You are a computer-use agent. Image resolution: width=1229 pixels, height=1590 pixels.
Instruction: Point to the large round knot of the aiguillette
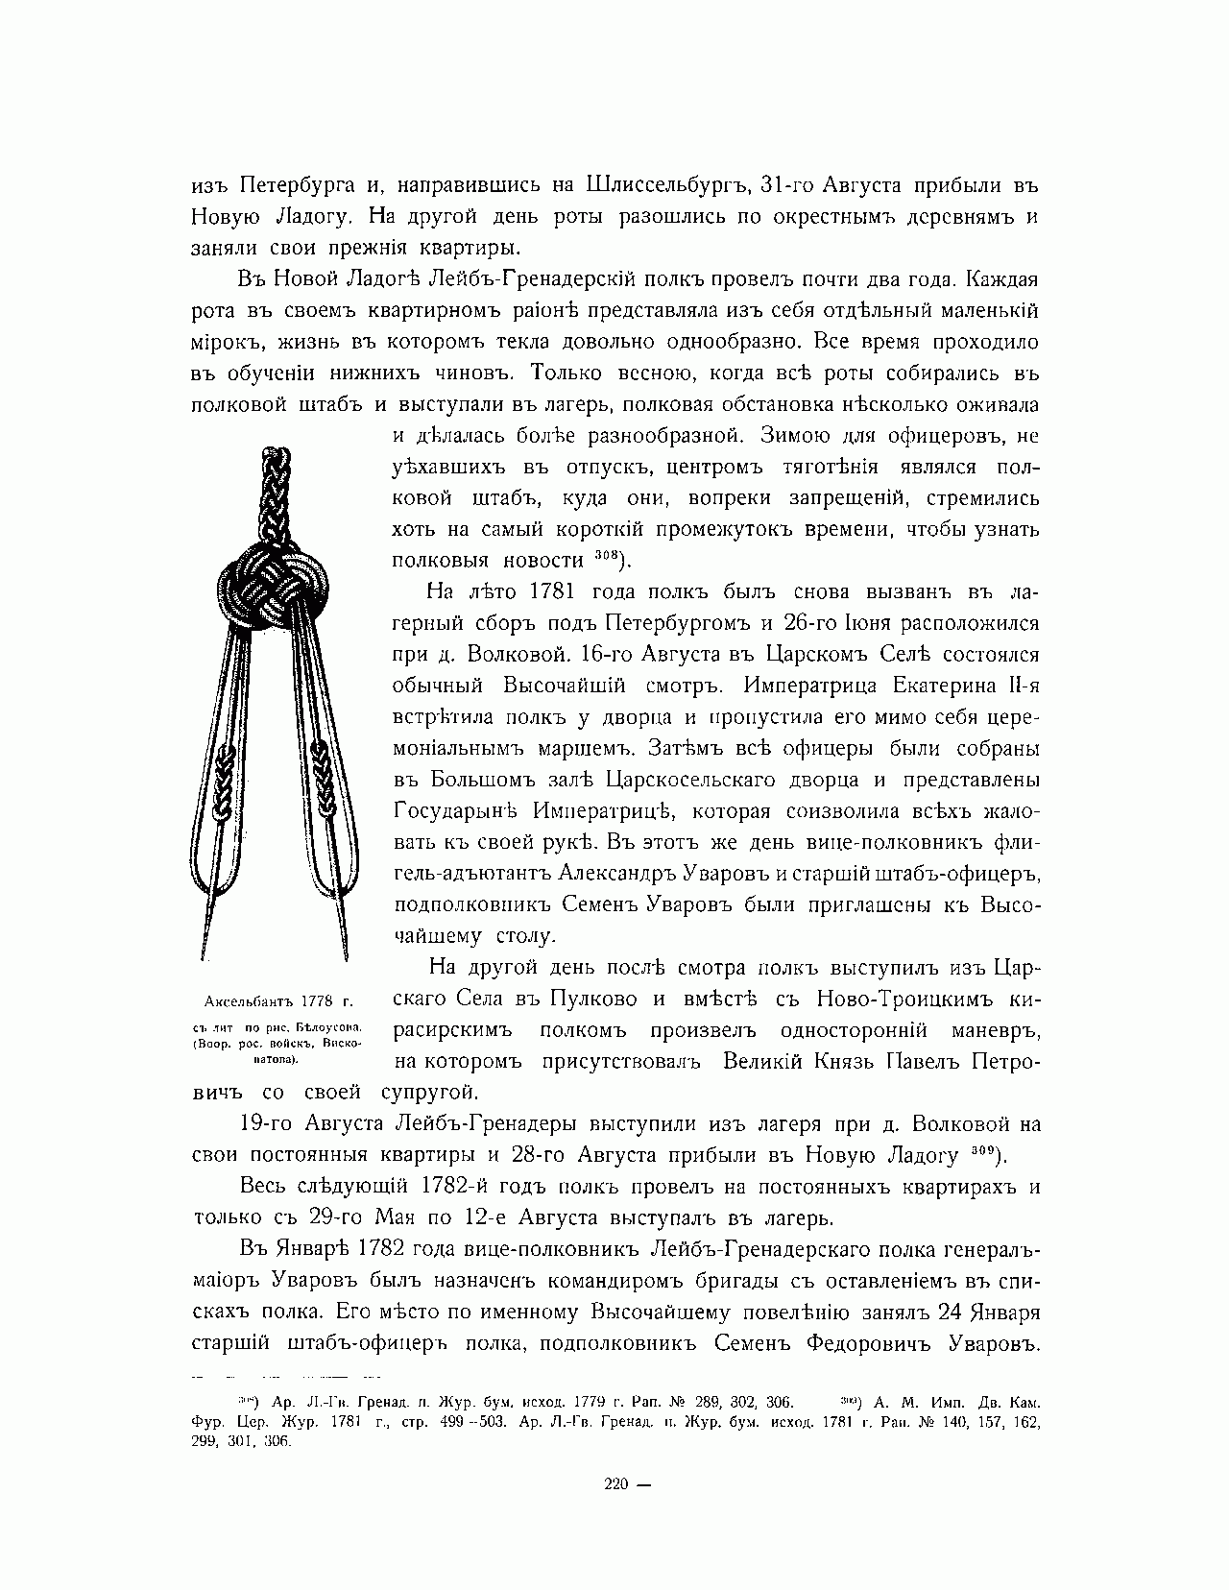click(276, 587)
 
